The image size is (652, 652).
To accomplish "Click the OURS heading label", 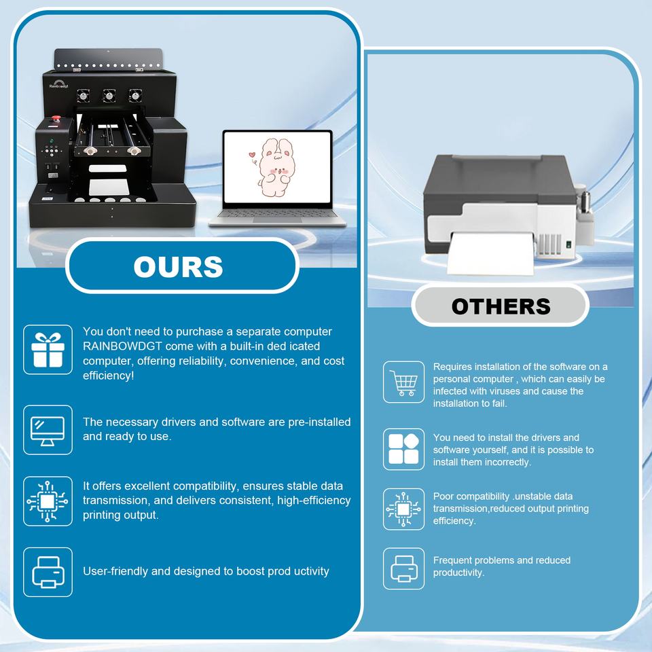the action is [179, 266].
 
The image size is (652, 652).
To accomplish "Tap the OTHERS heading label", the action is [501, 306].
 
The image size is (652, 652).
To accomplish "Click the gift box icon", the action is [48, 349].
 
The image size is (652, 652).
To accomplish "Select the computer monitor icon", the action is [48, 429].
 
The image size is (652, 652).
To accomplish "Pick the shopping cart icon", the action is [403, 383].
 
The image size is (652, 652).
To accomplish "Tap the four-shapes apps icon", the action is [403, 449].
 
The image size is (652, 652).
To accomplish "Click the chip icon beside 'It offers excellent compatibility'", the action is [48, 501].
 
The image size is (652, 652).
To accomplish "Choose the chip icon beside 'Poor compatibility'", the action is [403, 509].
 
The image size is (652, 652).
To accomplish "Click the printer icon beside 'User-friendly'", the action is [48, 572].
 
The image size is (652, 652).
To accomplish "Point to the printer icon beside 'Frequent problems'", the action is [403, 568].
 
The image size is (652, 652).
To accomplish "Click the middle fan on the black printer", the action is [109, 96].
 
